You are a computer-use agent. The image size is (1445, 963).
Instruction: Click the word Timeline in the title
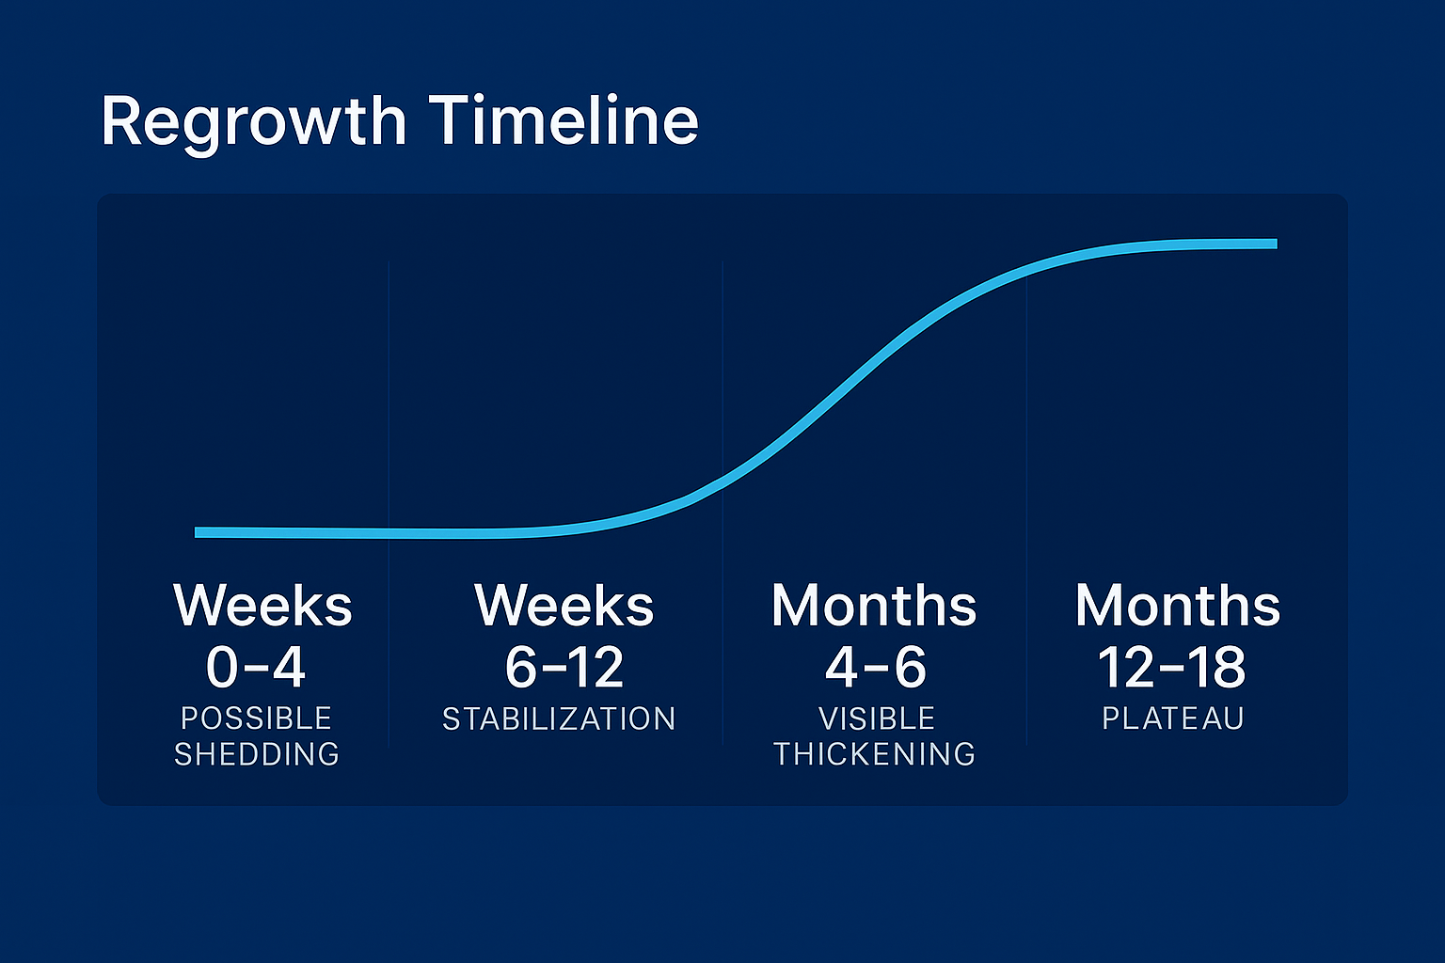tap(564, 120)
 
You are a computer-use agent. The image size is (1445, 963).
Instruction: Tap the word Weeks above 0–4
tap(262, 605)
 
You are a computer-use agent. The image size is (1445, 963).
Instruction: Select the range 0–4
tap(256, 667)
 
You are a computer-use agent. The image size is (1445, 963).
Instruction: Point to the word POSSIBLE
tap(256, 718)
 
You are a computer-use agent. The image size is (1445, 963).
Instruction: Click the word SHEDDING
tap(257, 754)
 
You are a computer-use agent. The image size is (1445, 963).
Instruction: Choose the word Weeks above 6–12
tap(564, 605)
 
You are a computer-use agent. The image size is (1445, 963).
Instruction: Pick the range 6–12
tap(564, 667)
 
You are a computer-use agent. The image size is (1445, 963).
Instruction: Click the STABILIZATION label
tap(560, 718)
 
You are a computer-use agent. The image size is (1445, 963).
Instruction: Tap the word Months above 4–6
tap(874, 605)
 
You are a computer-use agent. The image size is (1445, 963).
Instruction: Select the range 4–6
tap(876, 667)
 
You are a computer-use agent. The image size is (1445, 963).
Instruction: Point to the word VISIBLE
tap(877, 718)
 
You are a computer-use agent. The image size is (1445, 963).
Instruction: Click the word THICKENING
tap(875, 754)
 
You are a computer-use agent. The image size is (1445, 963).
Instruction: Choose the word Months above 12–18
tap(1178, 605)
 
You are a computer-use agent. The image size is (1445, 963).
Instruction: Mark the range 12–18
tap(1172, 667)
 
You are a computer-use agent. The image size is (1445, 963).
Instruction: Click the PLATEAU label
tap(1173, 718)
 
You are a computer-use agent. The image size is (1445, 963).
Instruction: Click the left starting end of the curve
tap(196, 532)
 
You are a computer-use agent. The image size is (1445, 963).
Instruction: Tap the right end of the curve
tap(1277, 244)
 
